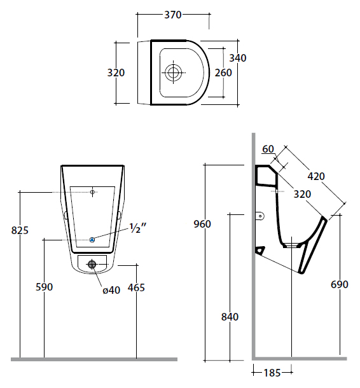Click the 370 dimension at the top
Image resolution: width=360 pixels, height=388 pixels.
pyautogui.click(x=173, y=15)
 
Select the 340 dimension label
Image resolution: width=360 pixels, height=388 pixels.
pyautogui.click(x=238, y=58)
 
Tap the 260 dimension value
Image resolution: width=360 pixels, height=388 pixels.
pyautogui.click(x=223, y=73)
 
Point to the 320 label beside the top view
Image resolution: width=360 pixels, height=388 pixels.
pyautogui.click(x=116, y=73)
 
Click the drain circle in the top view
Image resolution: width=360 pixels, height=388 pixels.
pyautogui.click(x=173, y=73)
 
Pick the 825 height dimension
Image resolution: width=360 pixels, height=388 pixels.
pyautogui.click(x=20, y=230)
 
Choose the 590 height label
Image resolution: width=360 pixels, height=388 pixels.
pyautogui.click(x=45, y=287)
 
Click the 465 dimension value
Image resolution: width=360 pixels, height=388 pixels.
pyautogui.click(x=136, y=288)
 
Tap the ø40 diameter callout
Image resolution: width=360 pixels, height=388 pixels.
pyautogui.click(x=111, y=290)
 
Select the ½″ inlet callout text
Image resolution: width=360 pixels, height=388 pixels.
pyautogui.click(x=138, y=228)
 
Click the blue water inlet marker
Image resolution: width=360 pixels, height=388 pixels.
pyautogui.click(x=92, y=239)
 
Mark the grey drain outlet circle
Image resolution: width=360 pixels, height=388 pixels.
pyautogui.click(x=92, y=265)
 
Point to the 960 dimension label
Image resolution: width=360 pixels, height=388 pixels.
pyautogui.click(x=202, y=224)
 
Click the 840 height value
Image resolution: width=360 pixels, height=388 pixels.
pyautogui.click(x=230, y=317)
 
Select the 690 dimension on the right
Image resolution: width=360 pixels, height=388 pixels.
pyautogui.click(x=340, y=284)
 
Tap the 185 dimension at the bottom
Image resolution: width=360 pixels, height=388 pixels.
pyautogui.click(x=272, y=373)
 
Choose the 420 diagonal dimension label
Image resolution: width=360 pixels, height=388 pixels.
pyautogui.click(x=316, y=176)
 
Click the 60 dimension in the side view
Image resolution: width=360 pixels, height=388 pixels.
pyautogui.click(x=268, y=149)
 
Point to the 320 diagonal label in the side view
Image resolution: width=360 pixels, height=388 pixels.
pyautogui.click(x=302, y=194)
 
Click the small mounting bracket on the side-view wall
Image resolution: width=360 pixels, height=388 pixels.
pyautogui.click(x=260, y=216)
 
